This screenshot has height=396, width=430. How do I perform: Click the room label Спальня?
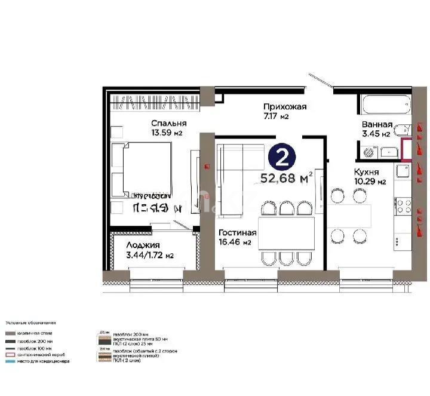tap(164, 124)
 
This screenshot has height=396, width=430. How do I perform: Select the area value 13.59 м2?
tap(166, 133)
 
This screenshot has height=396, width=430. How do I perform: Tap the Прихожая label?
tap(285, 107)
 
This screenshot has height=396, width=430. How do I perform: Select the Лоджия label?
tap(143, 245)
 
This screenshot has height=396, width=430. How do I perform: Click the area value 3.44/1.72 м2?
tap(150, 256)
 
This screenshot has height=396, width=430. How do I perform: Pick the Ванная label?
tap(377, 124)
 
